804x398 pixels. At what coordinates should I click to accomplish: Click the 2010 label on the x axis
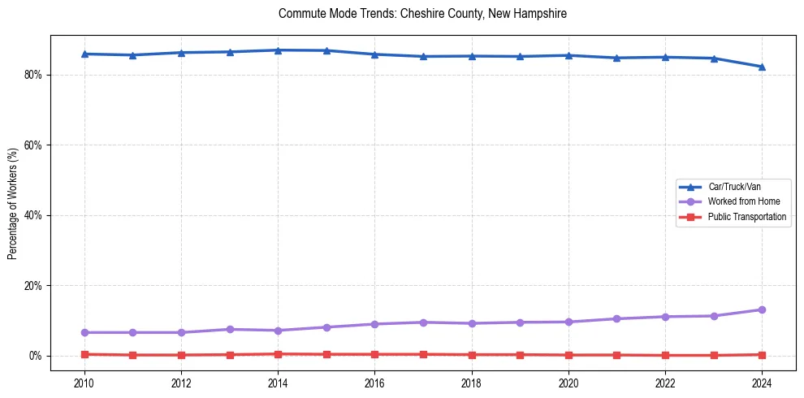coord(84,383)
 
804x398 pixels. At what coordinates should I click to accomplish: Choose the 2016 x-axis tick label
coord(374,383)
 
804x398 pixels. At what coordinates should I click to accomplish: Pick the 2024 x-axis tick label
coord(762,383)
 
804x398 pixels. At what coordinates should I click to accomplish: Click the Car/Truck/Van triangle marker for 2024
coord(762,67)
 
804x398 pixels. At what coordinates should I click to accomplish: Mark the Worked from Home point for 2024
coord(762,309)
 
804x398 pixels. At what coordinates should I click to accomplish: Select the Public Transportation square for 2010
coord(84,354)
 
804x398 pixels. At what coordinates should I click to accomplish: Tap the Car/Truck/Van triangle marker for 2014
coord(278,50)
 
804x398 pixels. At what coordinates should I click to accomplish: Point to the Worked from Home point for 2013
coord(230,329)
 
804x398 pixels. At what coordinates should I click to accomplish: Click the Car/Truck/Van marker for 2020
coord(568,55)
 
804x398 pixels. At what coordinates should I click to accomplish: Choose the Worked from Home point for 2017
coord(423,322)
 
